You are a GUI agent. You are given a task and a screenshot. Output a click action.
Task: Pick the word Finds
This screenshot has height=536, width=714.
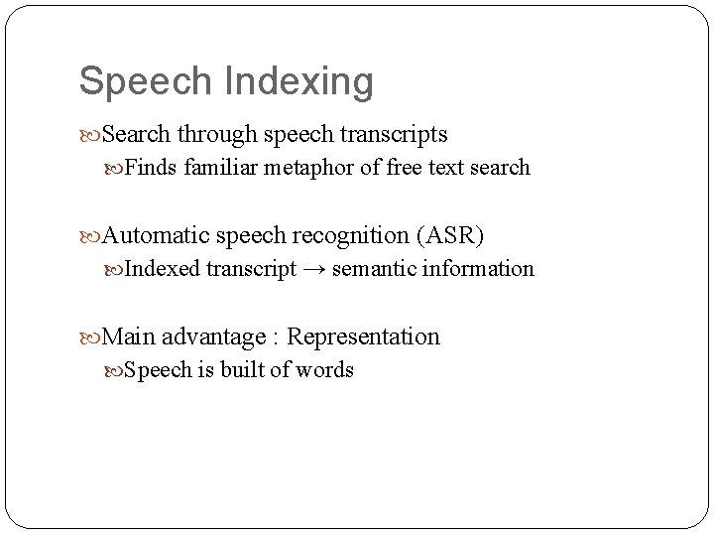151,168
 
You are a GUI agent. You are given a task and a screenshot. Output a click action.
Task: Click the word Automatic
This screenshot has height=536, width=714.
155,235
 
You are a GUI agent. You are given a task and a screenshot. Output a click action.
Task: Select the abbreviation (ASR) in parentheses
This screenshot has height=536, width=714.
451,235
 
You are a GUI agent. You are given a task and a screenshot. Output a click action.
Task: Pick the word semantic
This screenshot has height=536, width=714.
373,269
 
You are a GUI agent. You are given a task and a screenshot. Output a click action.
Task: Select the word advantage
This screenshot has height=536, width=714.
215,336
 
